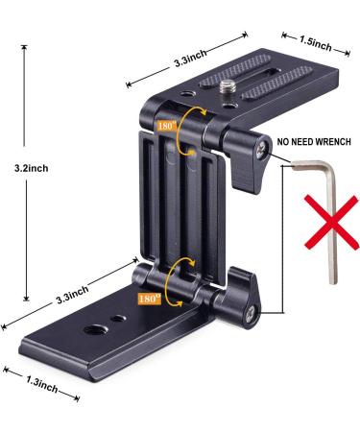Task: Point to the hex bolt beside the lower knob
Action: (251, 311)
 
